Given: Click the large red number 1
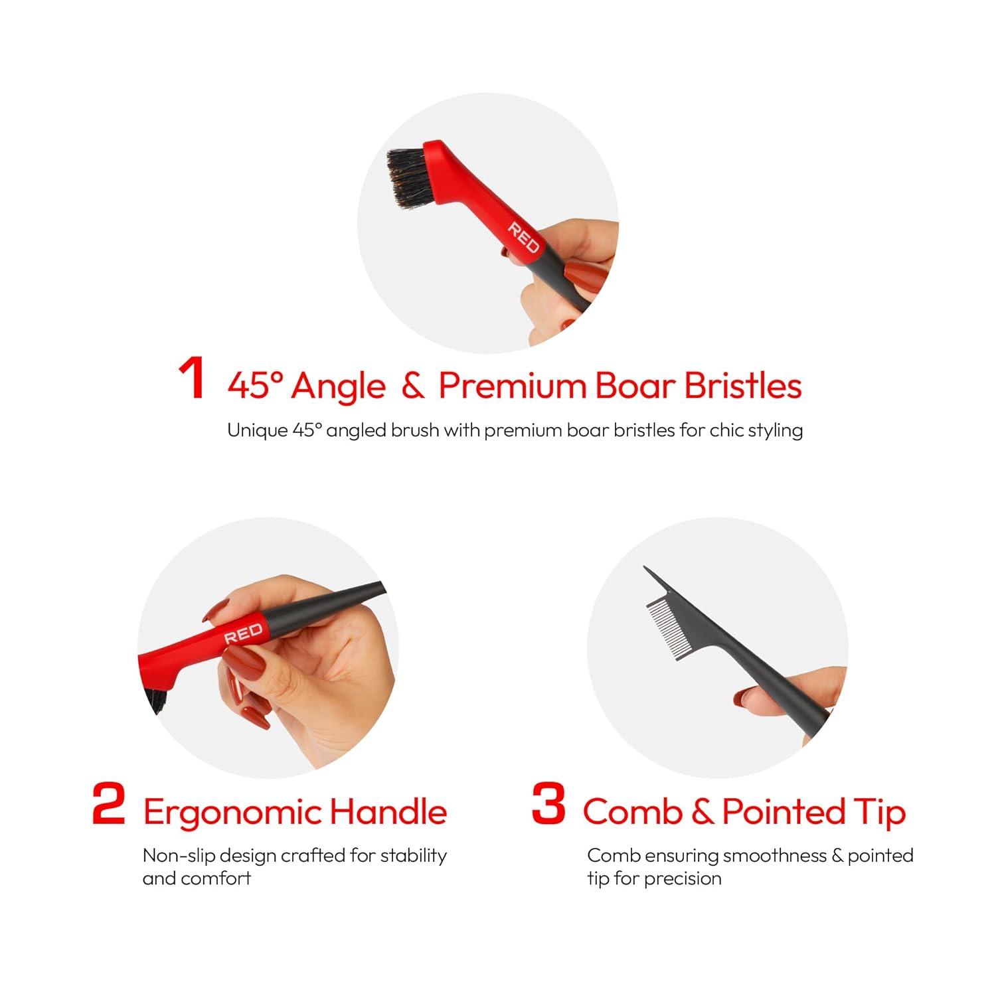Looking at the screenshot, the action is (x=192, y=379).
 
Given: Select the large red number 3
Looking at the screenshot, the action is (x=548, y=804).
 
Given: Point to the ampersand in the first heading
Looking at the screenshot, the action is (x=412, y=386).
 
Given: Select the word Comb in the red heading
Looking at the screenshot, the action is (x=632, y=811).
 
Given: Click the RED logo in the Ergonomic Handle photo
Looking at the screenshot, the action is (x=243, y=633).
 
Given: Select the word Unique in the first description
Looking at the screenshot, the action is (x=257, y=431).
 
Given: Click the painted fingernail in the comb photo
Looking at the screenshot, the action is (x=748, y=699).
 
